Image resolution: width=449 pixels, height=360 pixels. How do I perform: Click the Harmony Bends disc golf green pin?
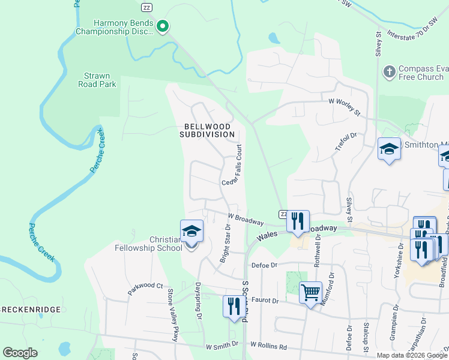click(163, 26)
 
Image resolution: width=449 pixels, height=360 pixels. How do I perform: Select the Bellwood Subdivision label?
click(207, 130)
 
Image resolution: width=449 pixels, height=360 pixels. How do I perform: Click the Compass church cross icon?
click(389, 72)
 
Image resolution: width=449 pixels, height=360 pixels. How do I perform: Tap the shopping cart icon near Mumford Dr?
click(310, 293)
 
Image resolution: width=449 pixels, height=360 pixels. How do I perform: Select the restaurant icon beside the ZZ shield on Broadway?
click(298, 222)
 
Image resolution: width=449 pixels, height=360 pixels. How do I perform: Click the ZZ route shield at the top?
click(146, 7)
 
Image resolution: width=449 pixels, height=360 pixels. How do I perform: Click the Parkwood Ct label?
click(145, 289)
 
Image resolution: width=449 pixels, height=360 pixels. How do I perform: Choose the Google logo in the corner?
click(20, 353)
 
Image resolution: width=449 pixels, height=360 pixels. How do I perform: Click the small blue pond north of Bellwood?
click(274, 39)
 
